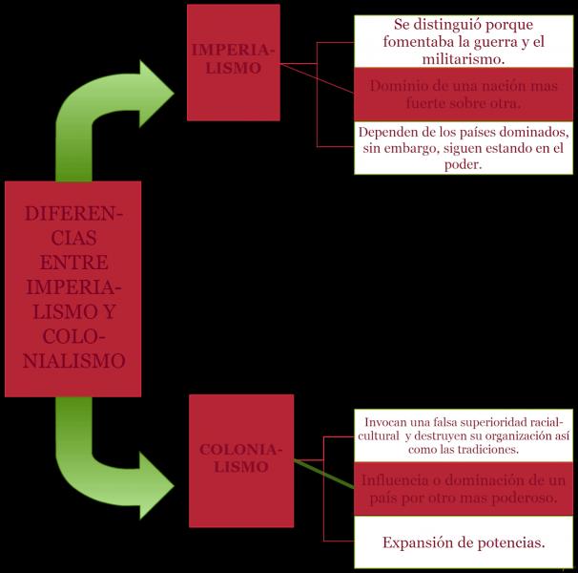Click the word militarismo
coord(464,59)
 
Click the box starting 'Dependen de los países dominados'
coord(464,148)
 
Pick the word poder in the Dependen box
coord(464,164)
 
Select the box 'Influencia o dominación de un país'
coord(464,488)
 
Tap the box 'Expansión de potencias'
coord(464,542)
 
